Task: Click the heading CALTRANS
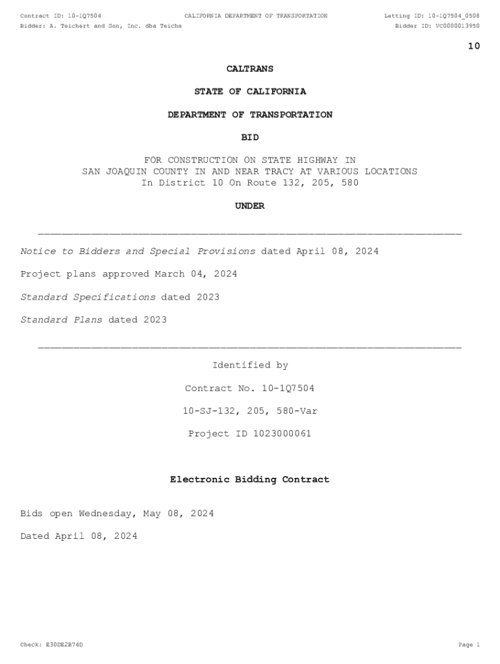pos(250,69)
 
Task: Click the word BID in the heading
pos(250,137)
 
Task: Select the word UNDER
pos(250,206)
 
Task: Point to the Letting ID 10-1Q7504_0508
pos(453,16)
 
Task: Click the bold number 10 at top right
pos(474,46)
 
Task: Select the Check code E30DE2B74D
pos(63,645)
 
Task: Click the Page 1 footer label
pos(469,645)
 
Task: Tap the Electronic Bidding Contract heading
pos(250,480)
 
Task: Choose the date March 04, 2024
pos(196,274)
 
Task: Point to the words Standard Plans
pos(61,320)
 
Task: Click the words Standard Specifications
pos(88,297)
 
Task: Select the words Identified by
pos(250,366)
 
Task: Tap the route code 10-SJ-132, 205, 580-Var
pos(250,411)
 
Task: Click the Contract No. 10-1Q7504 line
pos(250,388)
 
